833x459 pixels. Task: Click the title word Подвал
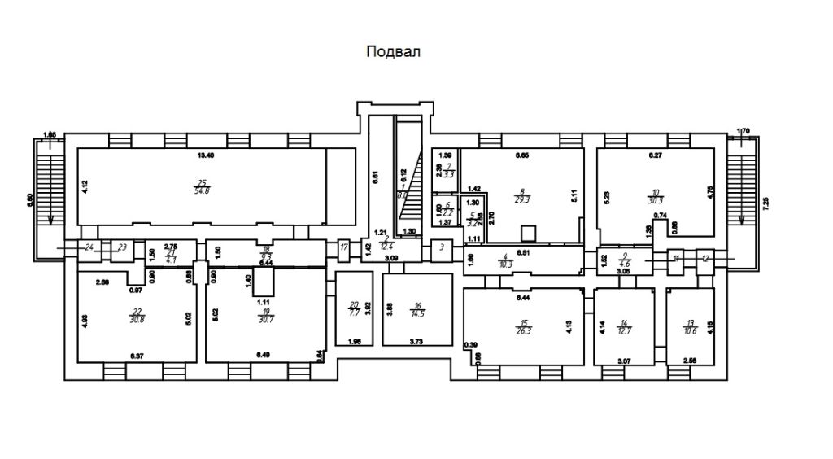coord(394,53)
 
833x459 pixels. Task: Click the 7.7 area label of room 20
coord(353,311)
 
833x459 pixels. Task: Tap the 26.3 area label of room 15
coord(524,331)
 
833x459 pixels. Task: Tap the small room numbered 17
coord(343,247)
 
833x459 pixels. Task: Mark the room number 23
coord(122,247)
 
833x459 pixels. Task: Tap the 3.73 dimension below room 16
coord(417,341)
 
